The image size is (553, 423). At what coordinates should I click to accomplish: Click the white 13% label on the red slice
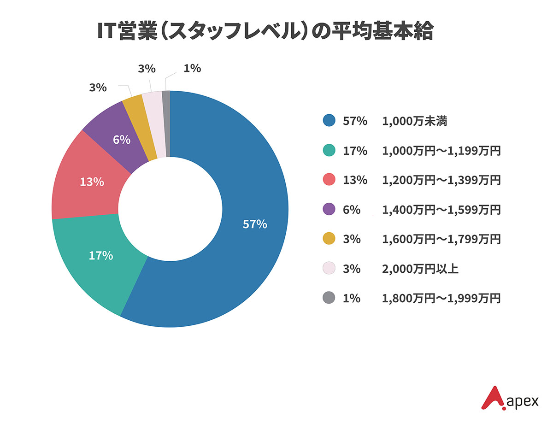click(x=92, y=182)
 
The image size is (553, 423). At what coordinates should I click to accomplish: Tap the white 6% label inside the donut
click(x=122, y=140)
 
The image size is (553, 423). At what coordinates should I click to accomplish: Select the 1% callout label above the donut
click(x=192, y=69)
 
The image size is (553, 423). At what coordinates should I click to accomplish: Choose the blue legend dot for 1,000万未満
click(x=329, y=121)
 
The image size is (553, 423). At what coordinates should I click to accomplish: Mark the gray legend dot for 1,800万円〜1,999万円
click(x=329, y=298)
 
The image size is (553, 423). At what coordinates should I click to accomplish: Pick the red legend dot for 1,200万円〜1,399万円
click(x=329, y=180)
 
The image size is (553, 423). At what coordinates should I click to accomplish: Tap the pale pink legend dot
click(x=329, y=269)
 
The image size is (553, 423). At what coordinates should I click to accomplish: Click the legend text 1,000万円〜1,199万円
click(x=441, y=151)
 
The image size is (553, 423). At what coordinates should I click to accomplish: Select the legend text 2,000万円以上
click(x=420, y=269)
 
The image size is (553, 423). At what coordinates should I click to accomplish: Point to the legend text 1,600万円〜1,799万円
click(x=441, y=239)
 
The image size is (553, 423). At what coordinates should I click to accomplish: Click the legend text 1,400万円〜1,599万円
click(x=441, y=210)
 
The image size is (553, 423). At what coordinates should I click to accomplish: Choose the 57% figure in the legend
click(x=355, y=121)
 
